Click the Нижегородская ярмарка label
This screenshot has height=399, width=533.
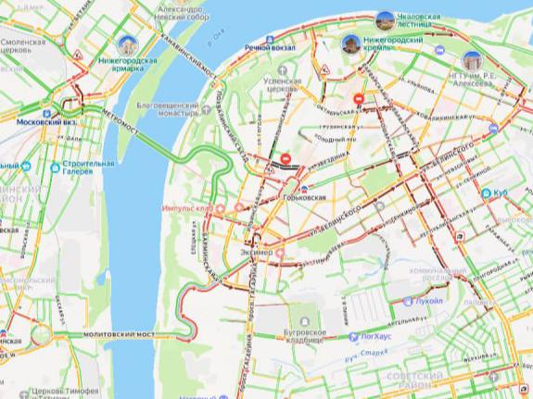pos(127,66)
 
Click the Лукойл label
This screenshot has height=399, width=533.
pos(428,301)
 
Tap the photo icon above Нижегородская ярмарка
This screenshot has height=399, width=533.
pos(128,44)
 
